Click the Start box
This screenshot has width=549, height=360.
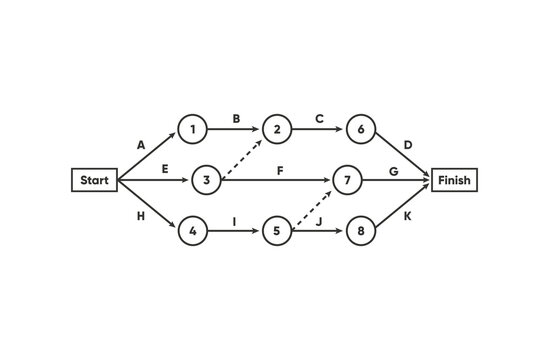[94, 180]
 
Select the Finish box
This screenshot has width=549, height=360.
[454, 180]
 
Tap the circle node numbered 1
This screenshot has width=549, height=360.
[192, 128]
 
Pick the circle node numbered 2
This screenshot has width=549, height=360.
[277, 128]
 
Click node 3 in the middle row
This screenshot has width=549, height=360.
[204, 180]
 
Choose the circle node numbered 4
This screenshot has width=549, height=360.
[192, 232]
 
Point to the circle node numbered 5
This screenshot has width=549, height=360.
[277, 232]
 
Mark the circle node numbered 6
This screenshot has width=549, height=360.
[361, 128]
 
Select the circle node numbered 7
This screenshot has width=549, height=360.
[347, 180]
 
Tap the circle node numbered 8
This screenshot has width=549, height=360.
[361, 232]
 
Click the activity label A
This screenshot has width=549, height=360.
[141, 144]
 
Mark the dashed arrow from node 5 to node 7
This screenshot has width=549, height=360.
[312, 206]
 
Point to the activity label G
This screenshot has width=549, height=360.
[394, 170]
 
